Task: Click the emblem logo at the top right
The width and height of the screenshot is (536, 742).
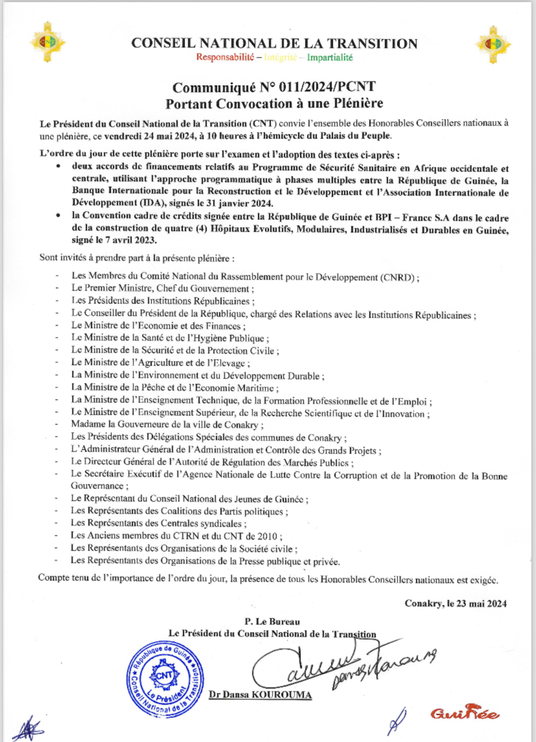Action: coord(493,43)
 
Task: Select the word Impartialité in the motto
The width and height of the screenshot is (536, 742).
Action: coord(330,58)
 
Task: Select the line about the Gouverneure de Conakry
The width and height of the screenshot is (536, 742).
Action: coord(168,425)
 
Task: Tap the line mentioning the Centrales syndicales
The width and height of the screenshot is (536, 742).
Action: coord(159,523)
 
